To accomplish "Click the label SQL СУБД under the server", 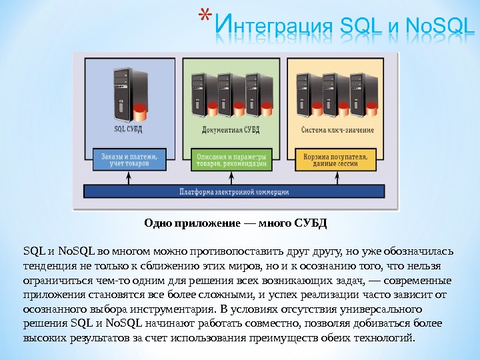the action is (128, 128).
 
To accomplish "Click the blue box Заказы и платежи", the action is (129, 159).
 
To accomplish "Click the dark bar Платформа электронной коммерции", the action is (234, 192).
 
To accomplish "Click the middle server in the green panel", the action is (227, 91).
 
